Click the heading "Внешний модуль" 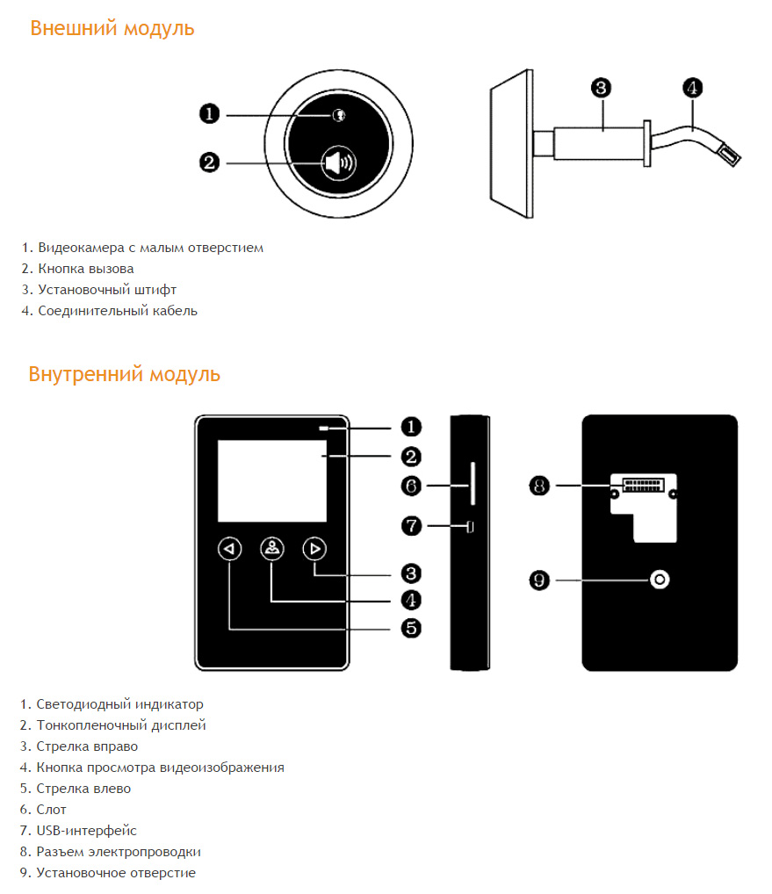click(112, 28)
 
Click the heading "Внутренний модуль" click(125, 375)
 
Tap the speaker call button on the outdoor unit click(339, 163)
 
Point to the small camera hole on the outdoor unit click(339, 115)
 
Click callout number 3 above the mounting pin click(601, 88)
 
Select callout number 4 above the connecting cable click(693, 88)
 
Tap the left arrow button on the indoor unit click(230, 549)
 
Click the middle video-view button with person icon click(272, 549)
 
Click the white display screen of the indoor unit click(272, 480)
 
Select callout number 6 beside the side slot click(411, 486)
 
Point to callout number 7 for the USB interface click(411, 526)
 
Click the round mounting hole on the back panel click(660, 580)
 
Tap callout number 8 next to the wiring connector click(539, 486)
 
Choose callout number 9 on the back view click(539, 580)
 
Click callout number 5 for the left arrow click(411, 628)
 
